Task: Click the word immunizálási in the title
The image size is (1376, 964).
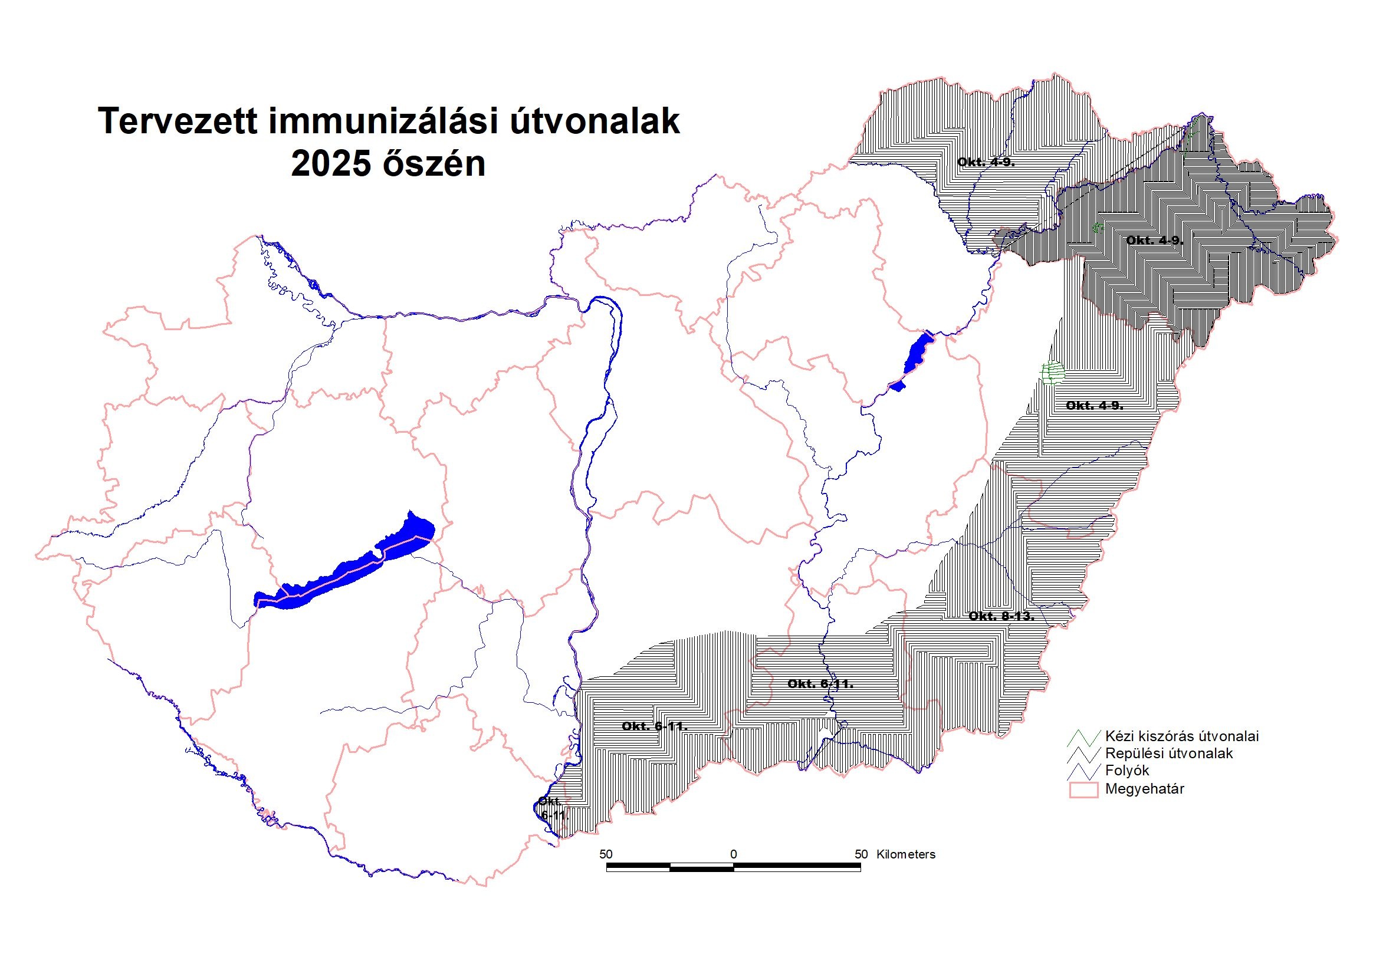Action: point(383,122)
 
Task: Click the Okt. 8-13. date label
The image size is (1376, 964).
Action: point(1001,616)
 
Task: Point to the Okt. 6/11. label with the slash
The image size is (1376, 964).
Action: point(820,683)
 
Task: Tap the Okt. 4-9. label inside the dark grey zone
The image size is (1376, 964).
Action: point(1154,241)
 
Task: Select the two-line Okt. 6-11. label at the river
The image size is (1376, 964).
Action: point(551,808)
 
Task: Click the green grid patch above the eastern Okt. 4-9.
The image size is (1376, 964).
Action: point(1052,373)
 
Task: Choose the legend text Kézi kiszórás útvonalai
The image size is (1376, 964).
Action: point(1181,736)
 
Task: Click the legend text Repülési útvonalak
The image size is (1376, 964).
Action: point(1168,754)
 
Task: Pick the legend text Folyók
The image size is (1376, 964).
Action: point(1127,771)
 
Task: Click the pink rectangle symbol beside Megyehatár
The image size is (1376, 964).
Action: point(1083,789)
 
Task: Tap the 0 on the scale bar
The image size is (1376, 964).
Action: point(734,854)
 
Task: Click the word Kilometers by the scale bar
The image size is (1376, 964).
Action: point(905,854)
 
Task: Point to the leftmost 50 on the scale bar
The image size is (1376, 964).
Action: point(606,854)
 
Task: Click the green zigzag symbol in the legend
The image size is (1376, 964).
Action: point(1085,737)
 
